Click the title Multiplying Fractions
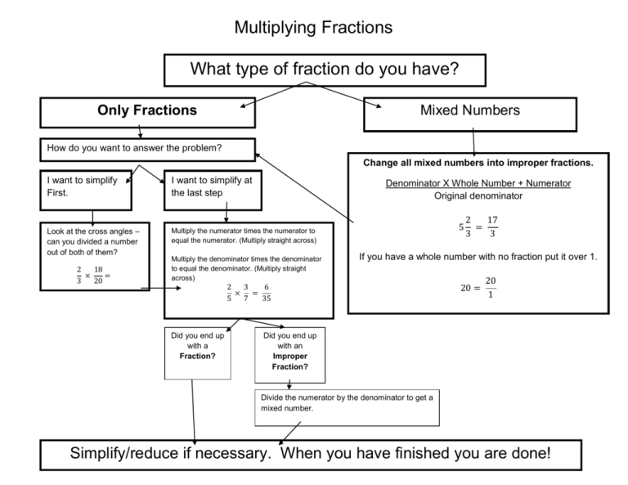[x=313, y=28]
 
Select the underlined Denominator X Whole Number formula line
[x=478, y=183]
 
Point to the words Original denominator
[x=478, y=195]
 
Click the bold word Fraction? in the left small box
[x=196, y=357]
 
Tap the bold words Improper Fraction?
[x=290, y=362]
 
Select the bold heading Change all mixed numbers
[x=478, y=162]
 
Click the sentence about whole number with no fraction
[x=478, y=257]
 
